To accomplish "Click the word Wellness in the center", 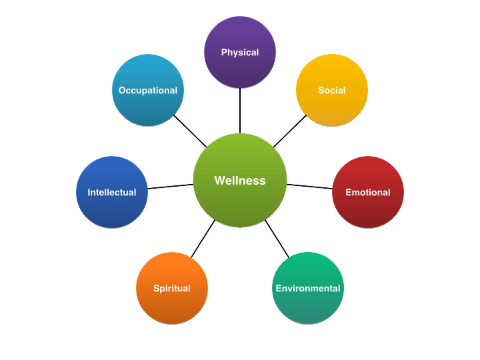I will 240,181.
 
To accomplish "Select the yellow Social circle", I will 332,100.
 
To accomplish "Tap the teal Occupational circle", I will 148,100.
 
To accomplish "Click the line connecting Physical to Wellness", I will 240,111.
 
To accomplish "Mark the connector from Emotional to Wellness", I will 309,187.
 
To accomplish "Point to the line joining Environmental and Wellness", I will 278,239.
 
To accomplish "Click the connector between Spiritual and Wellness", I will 203,239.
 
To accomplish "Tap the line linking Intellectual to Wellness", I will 170,186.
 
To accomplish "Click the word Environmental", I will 308,289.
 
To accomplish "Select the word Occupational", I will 148,90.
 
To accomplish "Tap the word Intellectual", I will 112,193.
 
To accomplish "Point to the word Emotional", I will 368,193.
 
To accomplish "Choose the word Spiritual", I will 172,289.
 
